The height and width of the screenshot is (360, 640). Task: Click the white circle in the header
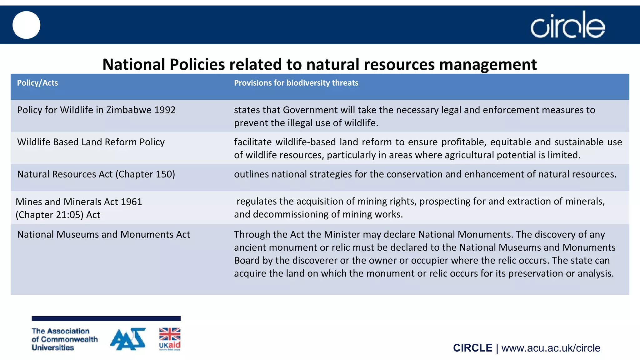(26, 25)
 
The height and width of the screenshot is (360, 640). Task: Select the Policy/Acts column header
(37, 83)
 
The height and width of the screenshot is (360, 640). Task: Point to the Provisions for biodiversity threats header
(296, 83)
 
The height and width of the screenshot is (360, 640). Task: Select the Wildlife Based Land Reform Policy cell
(91, 142)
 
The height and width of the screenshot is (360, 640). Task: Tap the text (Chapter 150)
(145, 174)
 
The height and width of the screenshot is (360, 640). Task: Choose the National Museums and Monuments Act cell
(103, 235)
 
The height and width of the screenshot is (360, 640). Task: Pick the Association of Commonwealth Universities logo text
(64, 339)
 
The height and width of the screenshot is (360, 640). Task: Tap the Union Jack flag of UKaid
(170, 334)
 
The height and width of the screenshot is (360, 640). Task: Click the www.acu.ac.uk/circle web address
(551, 348)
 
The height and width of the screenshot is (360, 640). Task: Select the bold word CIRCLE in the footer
(472, 348)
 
